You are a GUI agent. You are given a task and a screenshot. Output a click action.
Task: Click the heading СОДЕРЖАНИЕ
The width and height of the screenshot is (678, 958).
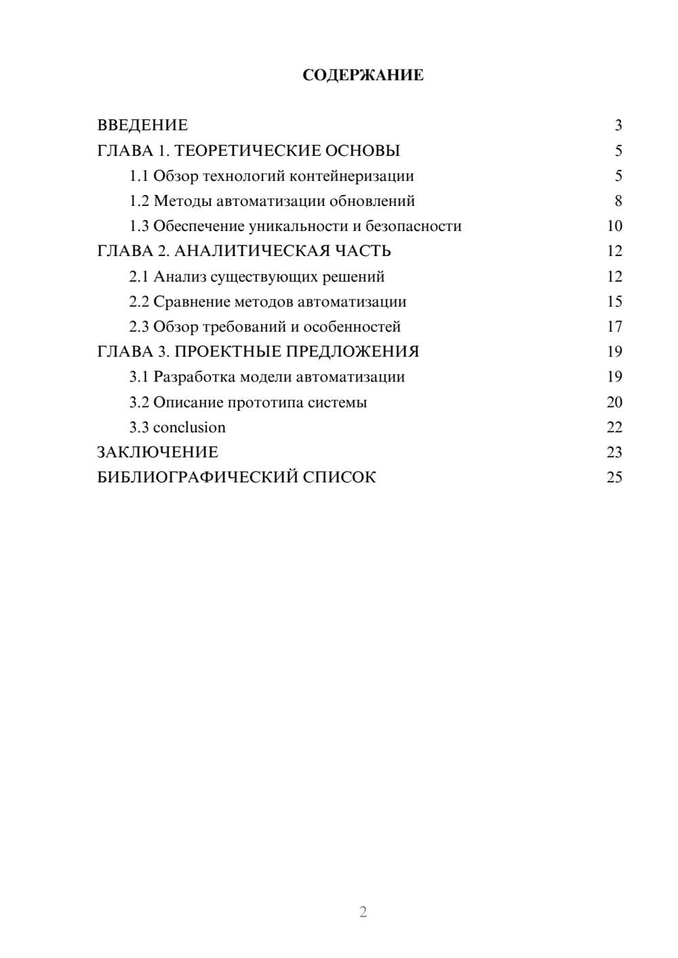tap(363, 75)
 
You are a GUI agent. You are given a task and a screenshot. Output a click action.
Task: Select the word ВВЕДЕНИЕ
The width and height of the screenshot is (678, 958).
tap(142, 125)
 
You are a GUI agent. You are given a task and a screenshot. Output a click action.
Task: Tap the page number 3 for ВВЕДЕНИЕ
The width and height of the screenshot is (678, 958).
tap(618, 125)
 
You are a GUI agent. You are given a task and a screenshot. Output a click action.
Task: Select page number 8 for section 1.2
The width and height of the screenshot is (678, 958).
tap(618, 201)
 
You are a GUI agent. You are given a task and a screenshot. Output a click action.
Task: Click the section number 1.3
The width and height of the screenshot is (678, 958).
tap(139, 226)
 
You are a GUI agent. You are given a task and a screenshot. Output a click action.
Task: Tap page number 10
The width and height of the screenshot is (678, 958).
tap(614, 226)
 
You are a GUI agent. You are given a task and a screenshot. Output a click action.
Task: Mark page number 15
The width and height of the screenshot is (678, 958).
tap(614, 301)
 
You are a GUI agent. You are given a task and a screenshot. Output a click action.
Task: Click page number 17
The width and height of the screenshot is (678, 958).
tap(614, 327)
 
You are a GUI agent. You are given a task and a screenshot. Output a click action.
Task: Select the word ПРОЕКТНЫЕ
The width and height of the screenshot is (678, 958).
tap(227, 352)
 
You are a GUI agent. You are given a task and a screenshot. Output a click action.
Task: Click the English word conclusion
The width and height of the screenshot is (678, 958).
tap(189, 428)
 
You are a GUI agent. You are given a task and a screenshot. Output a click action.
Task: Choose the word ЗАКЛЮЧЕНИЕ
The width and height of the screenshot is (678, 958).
tap(157, 453)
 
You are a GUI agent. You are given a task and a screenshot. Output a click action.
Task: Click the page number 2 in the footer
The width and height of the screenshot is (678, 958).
tap(363, 912)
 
